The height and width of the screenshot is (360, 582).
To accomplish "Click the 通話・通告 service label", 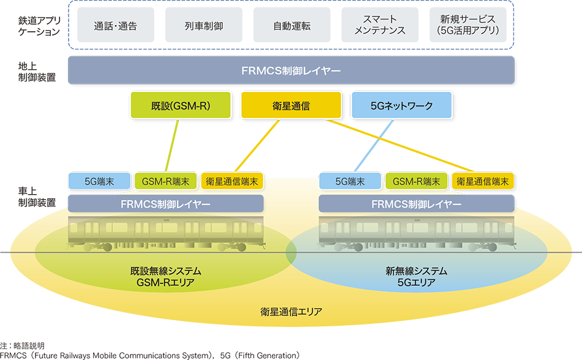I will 116,26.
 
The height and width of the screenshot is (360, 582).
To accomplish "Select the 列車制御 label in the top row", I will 203,26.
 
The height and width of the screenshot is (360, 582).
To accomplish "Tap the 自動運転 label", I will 292,26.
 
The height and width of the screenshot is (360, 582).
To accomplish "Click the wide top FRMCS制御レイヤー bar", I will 291,70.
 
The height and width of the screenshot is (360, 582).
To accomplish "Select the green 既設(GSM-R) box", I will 181,105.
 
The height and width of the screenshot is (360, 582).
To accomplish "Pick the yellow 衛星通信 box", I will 291,105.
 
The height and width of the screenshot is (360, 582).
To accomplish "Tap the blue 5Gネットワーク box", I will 401,105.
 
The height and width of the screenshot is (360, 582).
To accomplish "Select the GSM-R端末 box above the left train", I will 165,181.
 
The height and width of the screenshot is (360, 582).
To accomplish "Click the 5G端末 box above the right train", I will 350,181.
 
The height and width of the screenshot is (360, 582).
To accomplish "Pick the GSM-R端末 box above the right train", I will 417,181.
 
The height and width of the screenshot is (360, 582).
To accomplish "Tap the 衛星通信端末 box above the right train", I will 483,181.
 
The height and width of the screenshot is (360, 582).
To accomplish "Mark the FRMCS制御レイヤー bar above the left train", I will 165,203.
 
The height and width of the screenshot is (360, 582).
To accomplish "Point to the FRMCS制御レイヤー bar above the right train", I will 417,203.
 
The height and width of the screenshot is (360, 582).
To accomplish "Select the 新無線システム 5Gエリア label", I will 417,277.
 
